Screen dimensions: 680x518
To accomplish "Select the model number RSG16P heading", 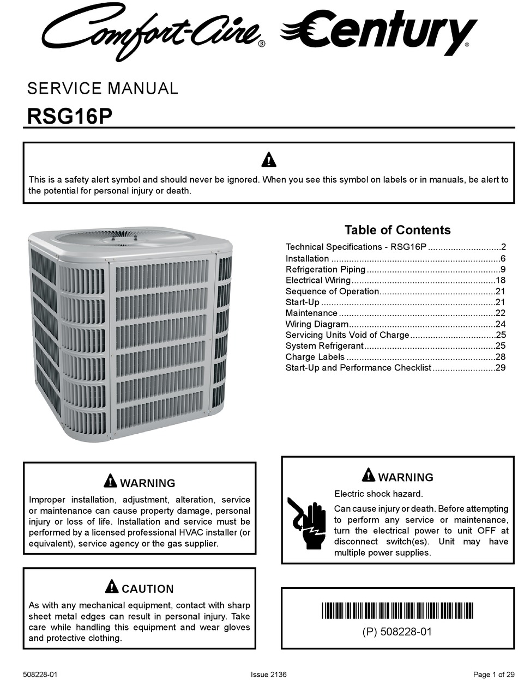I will pos(69,117).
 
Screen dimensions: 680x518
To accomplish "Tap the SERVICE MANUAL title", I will pos(103,88).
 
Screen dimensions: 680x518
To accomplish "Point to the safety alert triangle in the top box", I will pos(268,160).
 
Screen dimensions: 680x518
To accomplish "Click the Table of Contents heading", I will pos(397,230).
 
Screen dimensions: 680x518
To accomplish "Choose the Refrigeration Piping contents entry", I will pos(326,269).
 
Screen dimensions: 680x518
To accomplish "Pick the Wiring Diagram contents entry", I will pos(317,324).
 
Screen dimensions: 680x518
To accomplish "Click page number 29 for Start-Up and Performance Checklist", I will pos(501,368).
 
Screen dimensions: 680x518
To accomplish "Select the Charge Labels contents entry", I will pos(315,357).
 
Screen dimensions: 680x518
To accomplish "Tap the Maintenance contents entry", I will pos(311,313).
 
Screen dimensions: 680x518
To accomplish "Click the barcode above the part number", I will pos(397,611).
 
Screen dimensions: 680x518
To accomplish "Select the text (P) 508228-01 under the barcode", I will pos(397,632).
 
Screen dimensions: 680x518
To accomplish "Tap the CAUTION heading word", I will pos(148,588).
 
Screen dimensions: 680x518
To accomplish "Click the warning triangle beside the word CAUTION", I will pos(111,587).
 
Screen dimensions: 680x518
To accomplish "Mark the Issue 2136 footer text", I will pos(268,675).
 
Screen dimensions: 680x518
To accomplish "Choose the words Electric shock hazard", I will pos(378,494).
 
